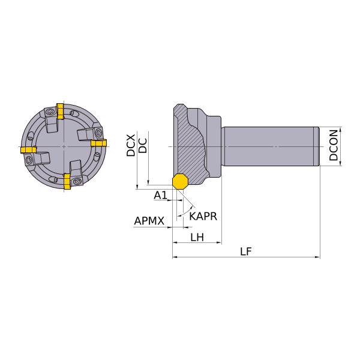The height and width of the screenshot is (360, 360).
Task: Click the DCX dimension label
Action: point(131,146)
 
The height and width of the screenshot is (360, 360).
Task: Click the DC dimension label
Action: point(143,146)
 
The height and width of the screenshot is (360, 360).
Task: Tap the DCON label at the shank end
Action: point(334,145)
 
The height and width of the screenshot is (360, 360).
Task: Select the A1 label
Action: point(160,195)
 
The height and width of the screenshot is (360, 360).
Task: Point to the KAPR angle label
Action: point(203,216)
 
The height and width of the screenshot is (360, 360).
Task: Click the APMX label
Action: point(149,221)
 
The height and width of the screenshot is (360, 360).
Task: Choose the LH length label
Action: point(197,237)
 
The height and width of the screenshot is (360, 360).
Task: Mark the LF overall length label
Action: point(246,251)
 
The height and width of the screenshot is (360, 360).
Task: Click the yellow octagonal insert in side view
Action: point(181,182)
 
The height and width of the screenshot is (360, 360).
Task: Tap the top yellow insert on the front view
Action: point(60,112)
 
